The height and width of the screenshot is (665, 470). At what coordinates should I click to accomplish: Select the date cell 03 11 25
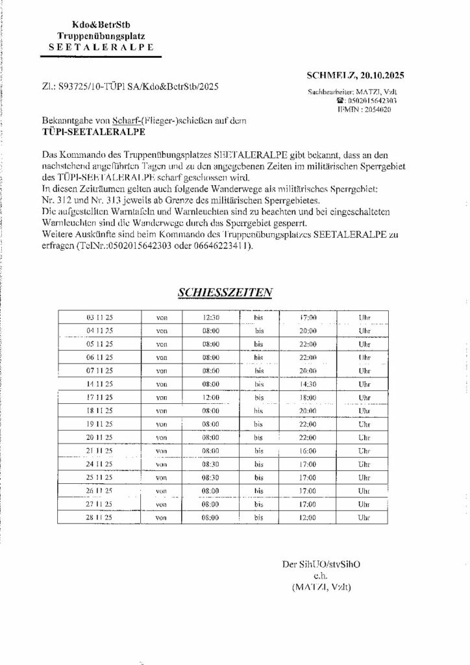pyautogui.click(x=100, y=318)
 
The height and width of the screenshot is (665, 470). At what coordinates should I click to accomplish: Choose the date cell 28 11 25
pyautogui.click(x=100, y=518)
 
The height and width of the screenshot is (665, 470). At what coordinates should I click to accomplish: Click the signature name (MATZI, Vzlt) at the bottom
pyautogui.click(x=321, y=587)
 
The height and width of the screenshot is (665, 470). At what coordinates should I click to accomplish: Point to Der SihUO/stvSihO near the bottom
pyautogui.click(x=321, y=564)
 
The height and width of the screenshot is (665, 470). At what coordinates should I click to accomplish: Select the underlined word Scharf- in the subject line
pyautogui.click(x=126, y=120)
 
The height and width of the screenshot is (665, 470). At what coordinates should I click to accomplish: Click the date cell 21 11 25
pyautogui.click(x=100, y=450)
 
